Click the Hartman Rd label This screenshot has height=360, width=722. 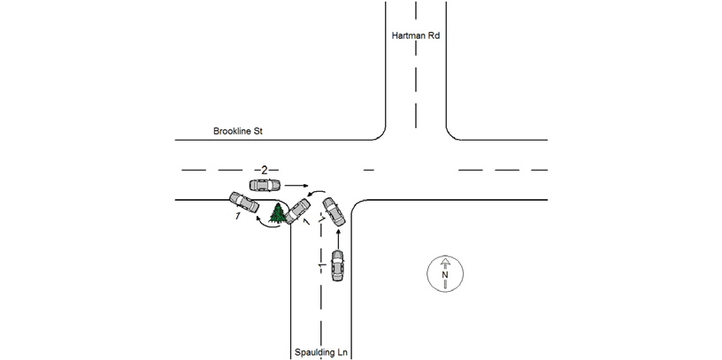coord(416,35)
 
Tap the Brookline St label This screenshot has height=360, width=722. coord(238,131)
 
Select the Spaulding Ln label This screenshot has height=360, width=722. coord(321,353)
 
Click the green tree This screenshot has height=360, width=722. coord(277,212)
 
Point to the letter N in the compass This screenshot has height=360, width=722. coord(445,274)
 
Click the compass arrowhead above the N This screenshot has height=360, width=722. coord(445,261)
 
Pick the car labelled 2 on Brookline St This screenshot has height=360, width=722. coord(265,185)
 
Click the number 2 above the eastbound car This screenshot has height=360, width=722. coord(265,171)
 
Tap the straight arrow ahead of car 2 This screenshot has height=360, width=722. coord(296,186)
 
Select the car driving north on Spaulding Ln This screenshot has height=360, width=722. coord(338,265)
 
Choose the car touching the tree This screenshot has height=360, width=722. coord(297,211)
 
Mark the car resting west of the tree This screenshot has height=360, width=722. coord(244,202)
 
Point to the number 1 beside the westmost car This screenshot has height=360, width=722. coord(238,217)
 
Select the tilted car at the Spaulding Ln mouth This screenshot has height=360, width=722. coord(334,211)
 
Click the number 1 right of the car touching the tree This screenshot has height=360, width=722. coord(307,223)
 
